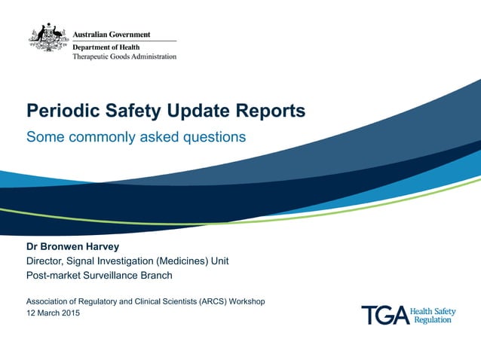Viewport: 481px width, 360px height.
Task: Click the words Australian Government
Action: tap(111, 35)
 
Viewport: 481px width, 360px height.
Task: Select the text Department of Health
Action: tap(106, 47)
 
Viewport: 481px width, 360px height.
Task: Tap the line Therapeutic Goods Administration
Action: tap(124, 56)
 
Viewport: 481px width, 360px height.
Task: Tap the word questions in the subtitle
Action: tap(214, 137)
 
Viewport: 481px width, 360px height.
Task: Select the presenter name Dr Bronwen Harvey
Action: tap(72, 246)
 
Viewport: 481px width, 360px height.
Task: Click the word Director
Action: tap(47, 261)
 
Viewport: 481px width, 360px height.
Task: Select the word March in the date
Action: tap(44, 313)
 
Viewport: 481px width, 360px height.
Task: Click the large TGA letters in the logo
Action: tap(384, 315)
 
